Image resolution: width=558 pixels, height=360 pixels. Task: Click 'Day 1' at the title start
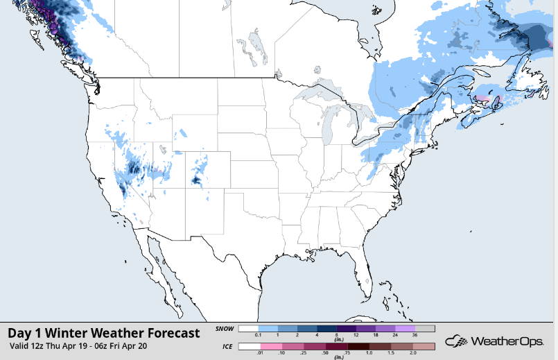26,333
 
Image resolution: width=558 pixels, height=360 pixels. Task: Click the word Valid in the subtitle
21,345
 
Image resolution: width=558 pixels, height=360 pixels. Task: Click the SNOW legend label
225,329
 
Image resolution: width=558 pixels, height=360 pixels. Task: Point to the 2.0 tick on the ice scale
415,353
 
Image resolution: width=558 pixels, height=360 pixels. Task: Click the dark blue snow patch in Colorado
196,180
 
